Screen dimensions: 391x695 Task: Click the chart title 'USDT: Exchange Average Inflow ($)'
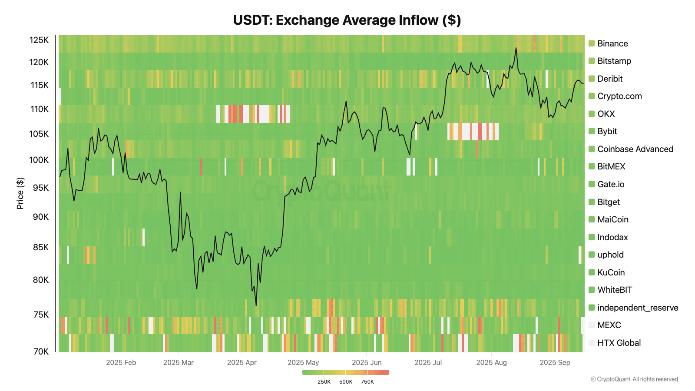point(347,20)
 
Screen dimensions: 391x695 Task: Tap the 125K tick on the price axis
point(39,40)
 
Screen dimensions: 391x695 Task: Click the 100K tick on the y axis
point(39,160)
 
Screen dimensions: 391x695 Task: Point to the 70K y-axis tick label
point(41,351)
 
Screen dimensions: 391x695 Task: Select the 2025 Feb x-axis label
point(121,362)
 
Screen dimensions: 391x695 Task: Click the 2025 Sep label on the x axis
point(555,362)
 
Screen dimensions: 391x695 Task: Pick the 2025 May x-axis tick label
point(303,362)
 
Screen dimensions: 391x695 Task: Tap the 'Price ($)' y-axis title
point(20,193)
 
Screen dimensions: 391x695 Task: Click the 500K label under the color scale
point(346,382)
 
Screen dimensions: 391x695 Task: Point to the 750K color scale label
point(367,382)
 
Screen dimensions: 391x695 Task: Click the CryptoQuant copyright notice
point(634,379)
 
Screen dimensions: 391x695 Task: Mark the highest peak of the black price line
point(516,48)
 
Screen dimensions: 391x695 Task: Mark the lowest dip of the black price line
point(256,305)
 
